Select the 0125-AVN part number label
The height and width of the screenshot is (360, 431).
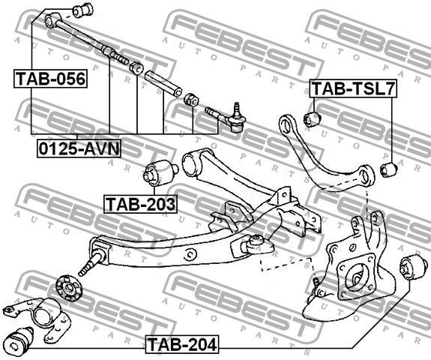[x=79, y=147]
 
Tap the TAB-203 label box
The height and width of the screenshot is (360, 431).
[x=140, y=203]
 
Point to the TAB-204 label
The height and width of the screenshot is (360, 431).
[x=181, y=345]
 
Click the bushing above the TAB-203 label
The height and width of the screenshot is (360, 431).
[x=158, y=172]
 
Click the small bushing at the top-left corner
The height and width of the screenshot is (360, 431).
[x=82, y=10]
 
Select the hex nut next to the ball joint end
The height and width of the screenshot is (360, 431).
[x=191, y=100]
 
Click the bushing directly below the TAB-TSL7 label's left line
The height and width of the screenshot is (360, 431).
[x=313, y=118]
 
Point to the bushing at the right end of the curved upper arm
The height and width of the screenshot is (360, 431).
[x=388, y=169]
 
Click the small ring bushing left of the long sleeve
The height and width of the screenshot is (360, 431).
[x=136, y=68]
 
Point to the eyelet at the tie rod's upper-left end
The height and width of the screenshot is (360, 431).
[x=52, y=20]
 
